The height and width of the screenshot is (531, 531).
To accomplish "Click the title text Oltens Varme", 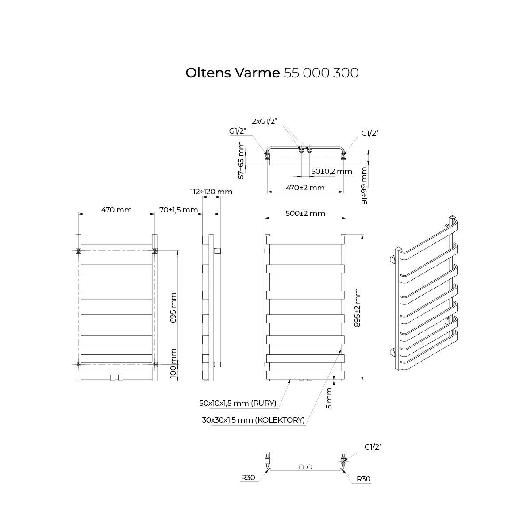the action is [x=233, y=73].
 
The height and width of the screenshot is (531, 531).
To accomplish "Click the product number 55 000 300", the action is [x=321, y=73].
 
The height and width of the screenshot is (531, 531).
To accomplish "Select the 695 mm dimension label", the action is [x=173, y=308].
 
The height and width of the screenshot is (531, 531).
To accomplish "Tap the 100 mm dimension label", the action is [x=173, y=363].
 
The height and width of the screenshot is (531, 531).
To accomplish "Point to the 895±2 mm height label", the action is [x=358, y=308].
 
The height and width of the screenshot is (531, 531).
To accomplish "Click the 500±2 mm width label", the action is [x=305, y=213].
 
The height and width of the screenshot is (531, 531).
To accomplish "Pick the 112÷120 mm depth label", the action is [x=212, y=192].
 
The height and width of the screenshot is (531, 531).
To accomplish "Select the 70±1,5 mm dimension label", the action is [x=179, y=210].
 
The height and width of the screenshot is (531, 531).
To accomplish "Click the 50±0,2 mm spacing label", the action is [x=331, y=171].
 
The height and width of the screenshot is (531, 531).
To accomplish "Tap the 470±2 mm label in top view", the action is [x=305, y=188].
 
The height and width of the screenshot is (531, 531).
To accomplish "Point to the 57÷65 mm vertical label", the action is [x=241, y=160].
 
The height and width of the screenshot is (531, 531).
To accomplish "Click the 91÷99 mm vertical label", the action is [x=364, y=186].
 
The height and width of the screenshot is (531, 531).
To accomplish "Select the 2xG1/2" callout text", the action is [x=265, y=121].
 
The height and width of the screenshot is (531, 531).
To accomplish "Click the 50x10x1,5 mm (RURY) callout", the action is [x=238, y=404].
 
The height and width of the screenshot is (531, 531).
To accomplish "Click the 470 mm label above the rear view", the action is [x=116, y=210].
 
